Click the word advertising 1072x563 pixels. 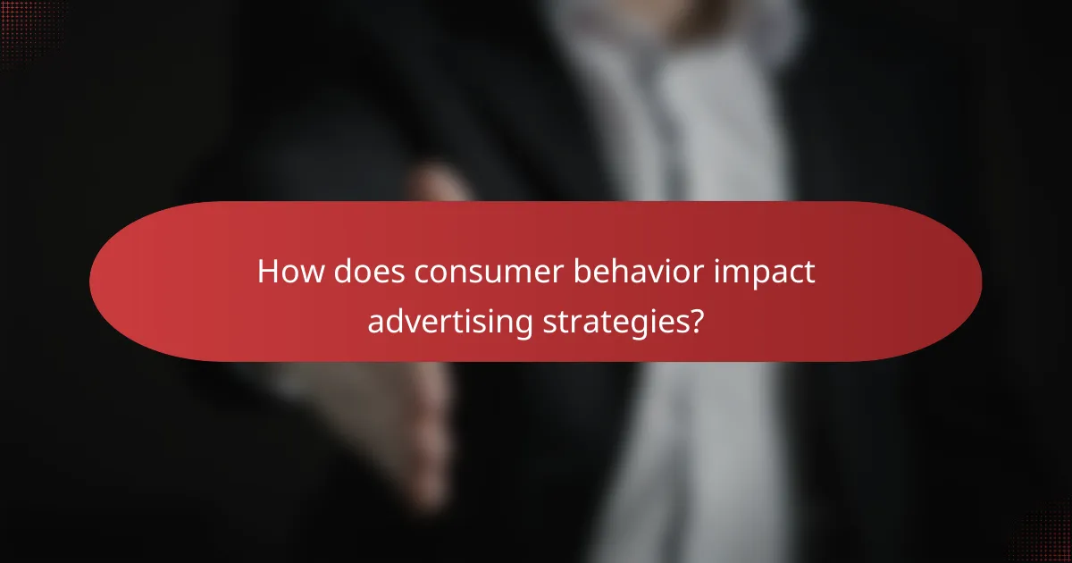point(449,321)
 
